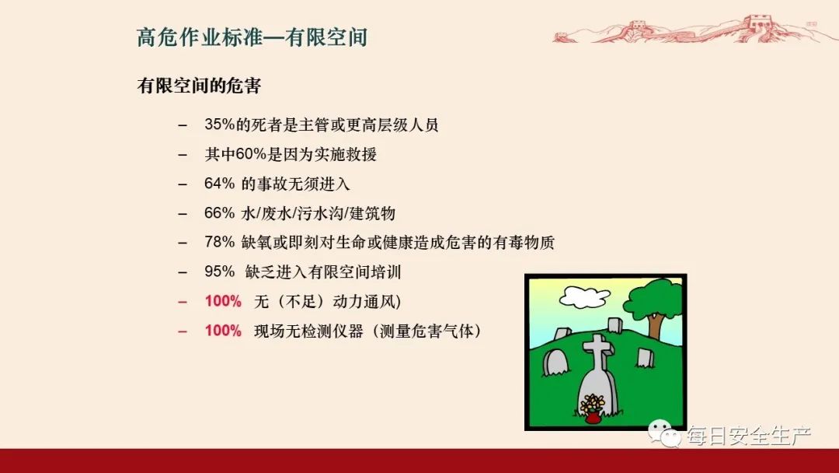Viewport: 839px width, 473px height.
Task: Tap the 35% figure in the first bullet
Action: pyautogui.click(x=219, y=125)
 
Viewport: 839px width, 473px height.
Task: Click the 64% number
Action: pyautogui.click(x=219, y=184)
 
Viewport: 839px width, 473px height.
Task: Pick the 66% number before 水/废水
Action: pyautogui.click(x=219, y=213)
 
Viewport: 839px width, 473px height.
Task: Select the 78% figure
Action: pyautogui.click(x=219, y=242)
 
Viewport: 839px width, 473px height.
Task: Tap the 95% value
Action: pyautogui.click(x=219, y=272)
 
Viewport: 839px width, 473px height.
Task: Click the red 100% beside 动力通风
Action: pyautogui.click(x=223, y=301)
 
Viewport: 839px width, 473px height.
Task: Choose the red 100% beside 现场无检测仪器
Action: pyautogui.click(x=223, y=331)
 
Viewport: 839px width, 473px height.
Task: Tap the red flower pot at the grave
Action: pyautogui.click(x=593, y=417)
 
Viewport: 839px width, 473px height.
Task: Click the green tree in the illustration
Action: pyautogui.click(x=654, y=300)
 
